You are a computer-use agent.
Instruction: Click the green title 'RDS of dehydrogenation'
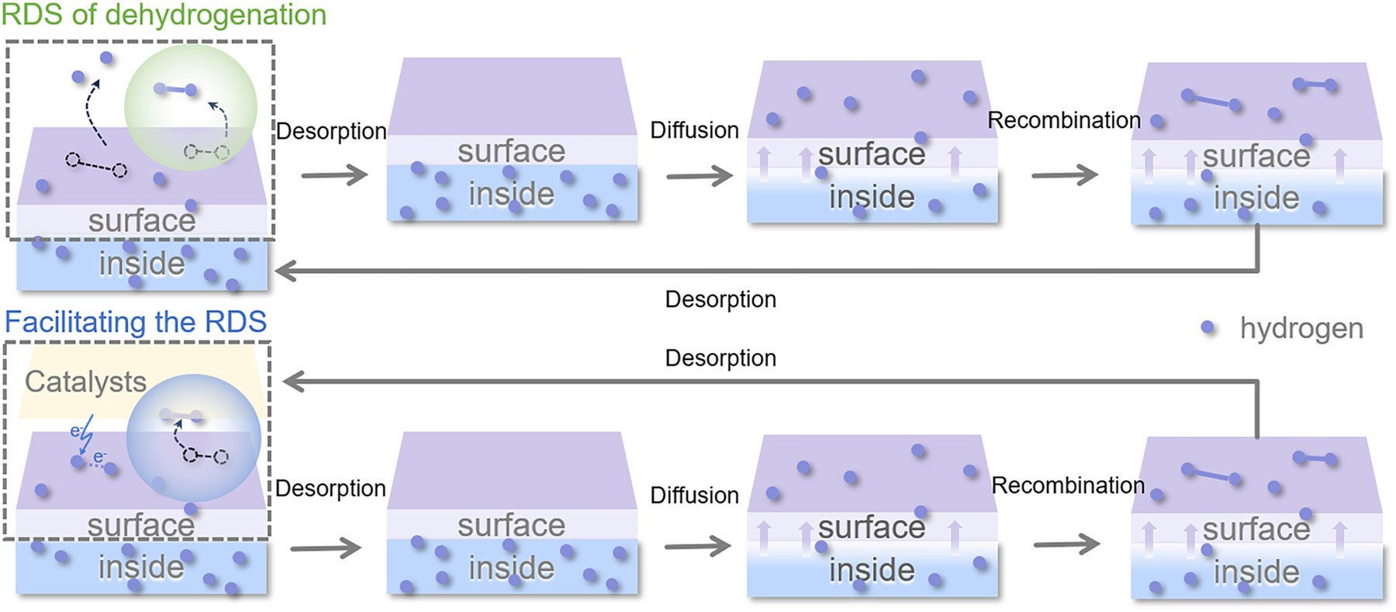coord(164,15)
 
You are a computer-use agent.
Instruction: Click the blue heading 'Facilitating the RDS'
coord(136,322)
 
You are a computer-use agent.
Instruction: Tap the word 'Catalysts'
coord(85,382)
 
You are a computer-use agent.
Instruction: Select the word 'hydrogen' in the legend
coord(1301,328)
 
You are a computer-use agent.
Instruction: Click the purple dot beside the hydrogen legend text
coord(1208,327)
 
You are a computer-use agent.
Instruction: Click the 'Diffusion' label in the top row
coord(694,130)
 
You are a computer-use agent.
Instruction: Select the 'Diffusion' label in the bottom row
coord(694,495)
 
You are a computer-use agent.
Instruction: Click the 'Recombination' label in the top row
coord(1063,120)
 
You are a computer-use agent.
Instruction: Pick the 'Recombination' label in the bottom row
coord(1068,486)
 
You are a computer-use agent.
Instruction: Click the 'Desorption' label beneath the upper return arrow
coord(720,299)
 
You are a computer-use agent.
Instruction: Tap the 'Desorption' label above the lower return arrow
coord(720,358)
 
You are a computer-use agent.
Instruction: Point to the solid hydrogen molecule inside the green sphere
coord(176,90)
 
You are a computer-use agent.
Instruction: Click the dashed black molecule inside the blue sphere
coord(206,456)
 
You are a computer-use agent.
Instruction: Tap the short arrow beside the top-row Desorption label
coord(334,175)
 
